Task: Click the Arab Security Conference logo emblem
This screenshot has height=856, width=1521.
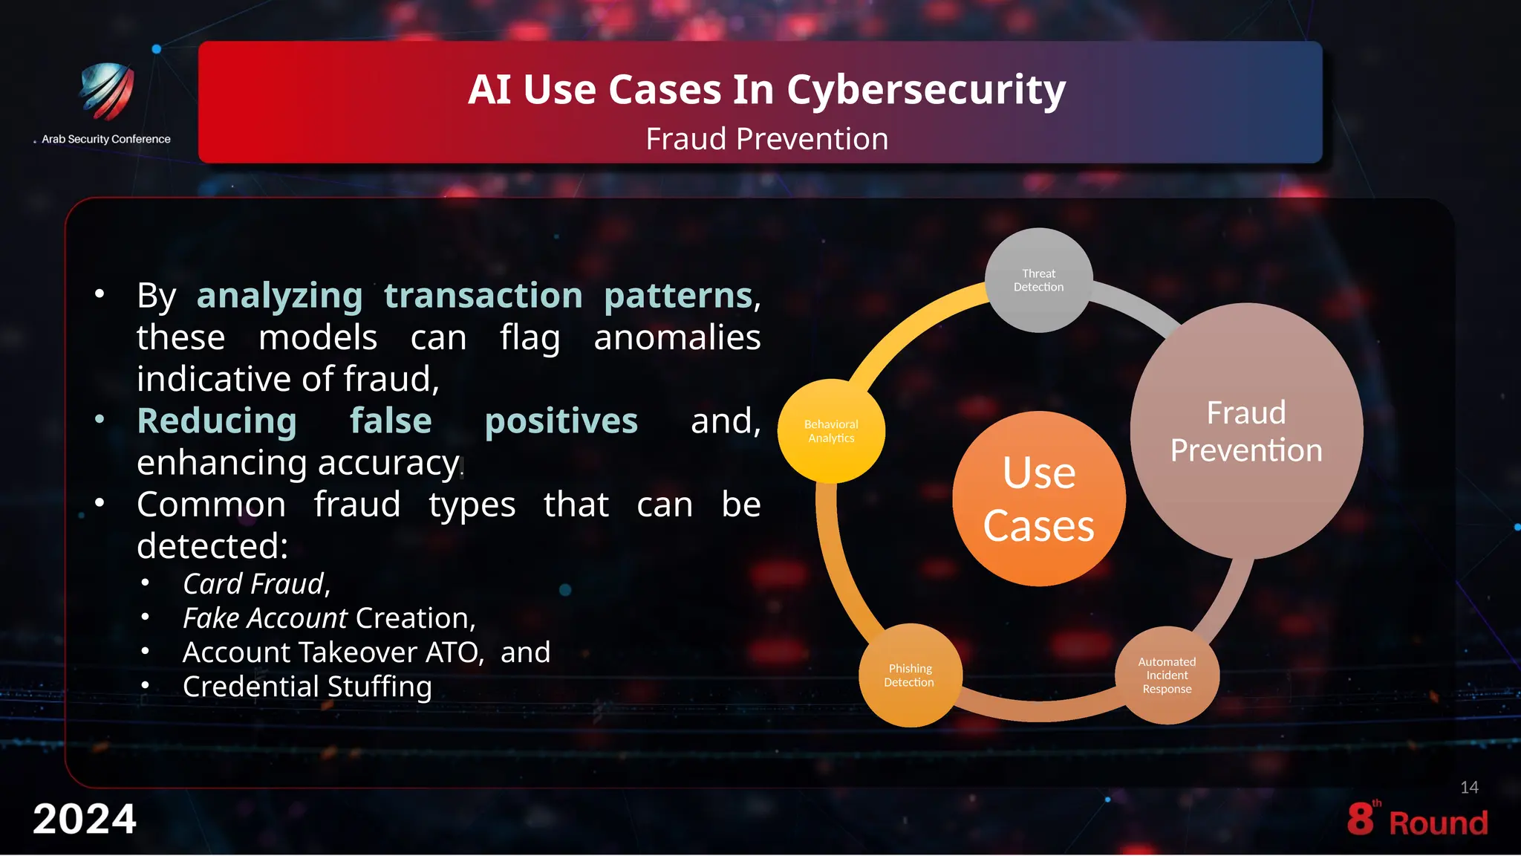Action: pos(107,91)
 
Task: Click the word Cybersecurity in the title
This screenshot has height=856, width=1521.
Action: pos(926,90)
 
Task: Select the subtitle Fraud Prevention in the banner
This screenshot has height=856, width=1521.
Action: pos(766,139)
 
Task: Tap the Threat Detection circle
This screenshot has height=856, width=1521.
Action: pos(1038,280)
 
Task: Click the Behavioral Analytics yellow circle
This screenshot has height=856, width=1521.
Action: pos(831,431)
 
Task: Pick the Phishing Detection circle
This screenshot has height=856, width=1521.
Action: pos(910,675)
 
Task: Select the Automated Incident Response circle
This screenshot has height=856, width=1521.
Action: pos(1167,675)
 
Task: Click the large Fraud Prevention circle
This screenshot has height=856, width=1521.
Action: pos(1246,431)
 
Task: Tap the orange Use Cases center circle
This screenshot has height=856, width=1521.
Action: pos(1038,499)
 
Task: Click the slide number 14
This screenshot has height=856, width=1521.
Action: pos(1469,788)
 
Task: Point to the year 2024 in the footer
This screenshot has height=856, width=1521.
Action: pos(85,819)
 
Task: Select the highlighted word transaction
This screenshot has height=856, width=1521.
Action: pos(483,296)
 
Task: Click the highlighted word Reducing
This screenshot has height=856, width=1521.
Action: pos(217,421)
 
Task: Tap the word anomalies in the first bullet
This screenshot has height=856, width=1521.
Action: pos(677,337)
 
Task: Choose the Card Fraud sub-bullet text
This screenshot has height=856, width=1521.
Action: pos(256,584)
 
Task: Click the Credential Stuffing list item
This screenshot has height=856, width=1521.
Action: pos(307,687)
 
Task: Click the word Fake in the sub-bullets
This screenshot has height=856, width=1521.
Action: pos(211,618)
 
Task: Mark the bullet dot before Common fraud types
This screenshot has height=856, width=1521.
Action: pos(100,503)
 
